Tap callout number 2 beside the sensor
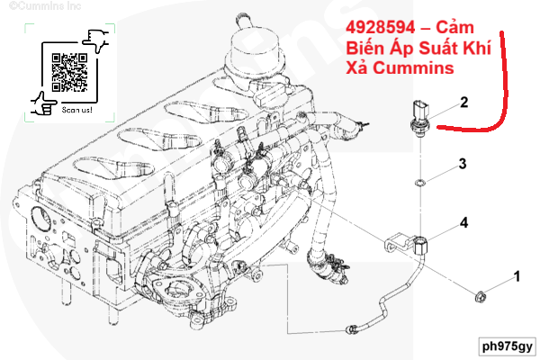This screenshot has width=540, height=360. [464, 103]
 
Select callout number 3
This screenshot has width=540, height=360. [462, 164]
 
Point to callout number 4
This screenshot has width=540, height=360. [463, 221]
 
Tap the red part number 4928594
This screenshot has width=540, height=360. [381, 28]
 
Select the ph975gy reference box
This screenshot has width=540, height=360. [506, 345]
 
